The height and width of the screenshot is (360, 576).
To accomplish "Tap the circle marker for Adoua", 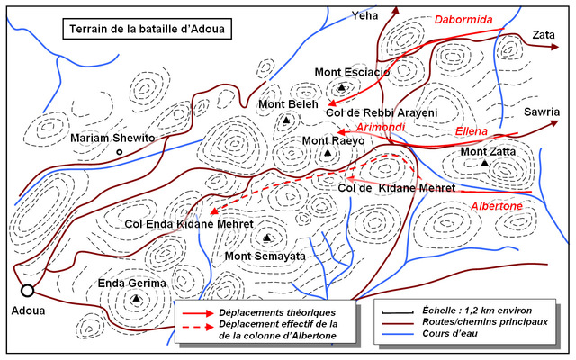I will click(28, 290).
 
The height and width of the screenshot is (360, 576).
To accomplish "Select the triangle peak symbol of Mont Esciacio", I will click(342, 87).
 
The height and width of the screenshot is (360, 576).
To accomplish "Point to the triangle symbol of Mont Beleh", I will click(286, 120).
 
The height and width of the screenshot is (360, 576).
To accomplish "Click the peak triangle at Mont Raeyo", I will click(327, 154).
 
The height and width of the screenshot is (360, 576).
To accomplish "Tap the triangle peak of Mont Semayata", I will click(267, 238).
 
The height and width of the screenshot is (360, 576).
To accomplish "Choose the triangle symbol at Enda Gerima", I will click(136, 299).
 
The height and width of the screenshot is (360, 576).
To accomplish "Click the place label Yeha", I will click(364, 16).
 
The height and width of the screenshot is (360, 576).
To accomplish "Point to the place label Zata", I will click(543, 34).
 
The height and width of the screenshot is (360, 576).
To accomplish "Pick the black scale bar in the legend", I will click(394, 310).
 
